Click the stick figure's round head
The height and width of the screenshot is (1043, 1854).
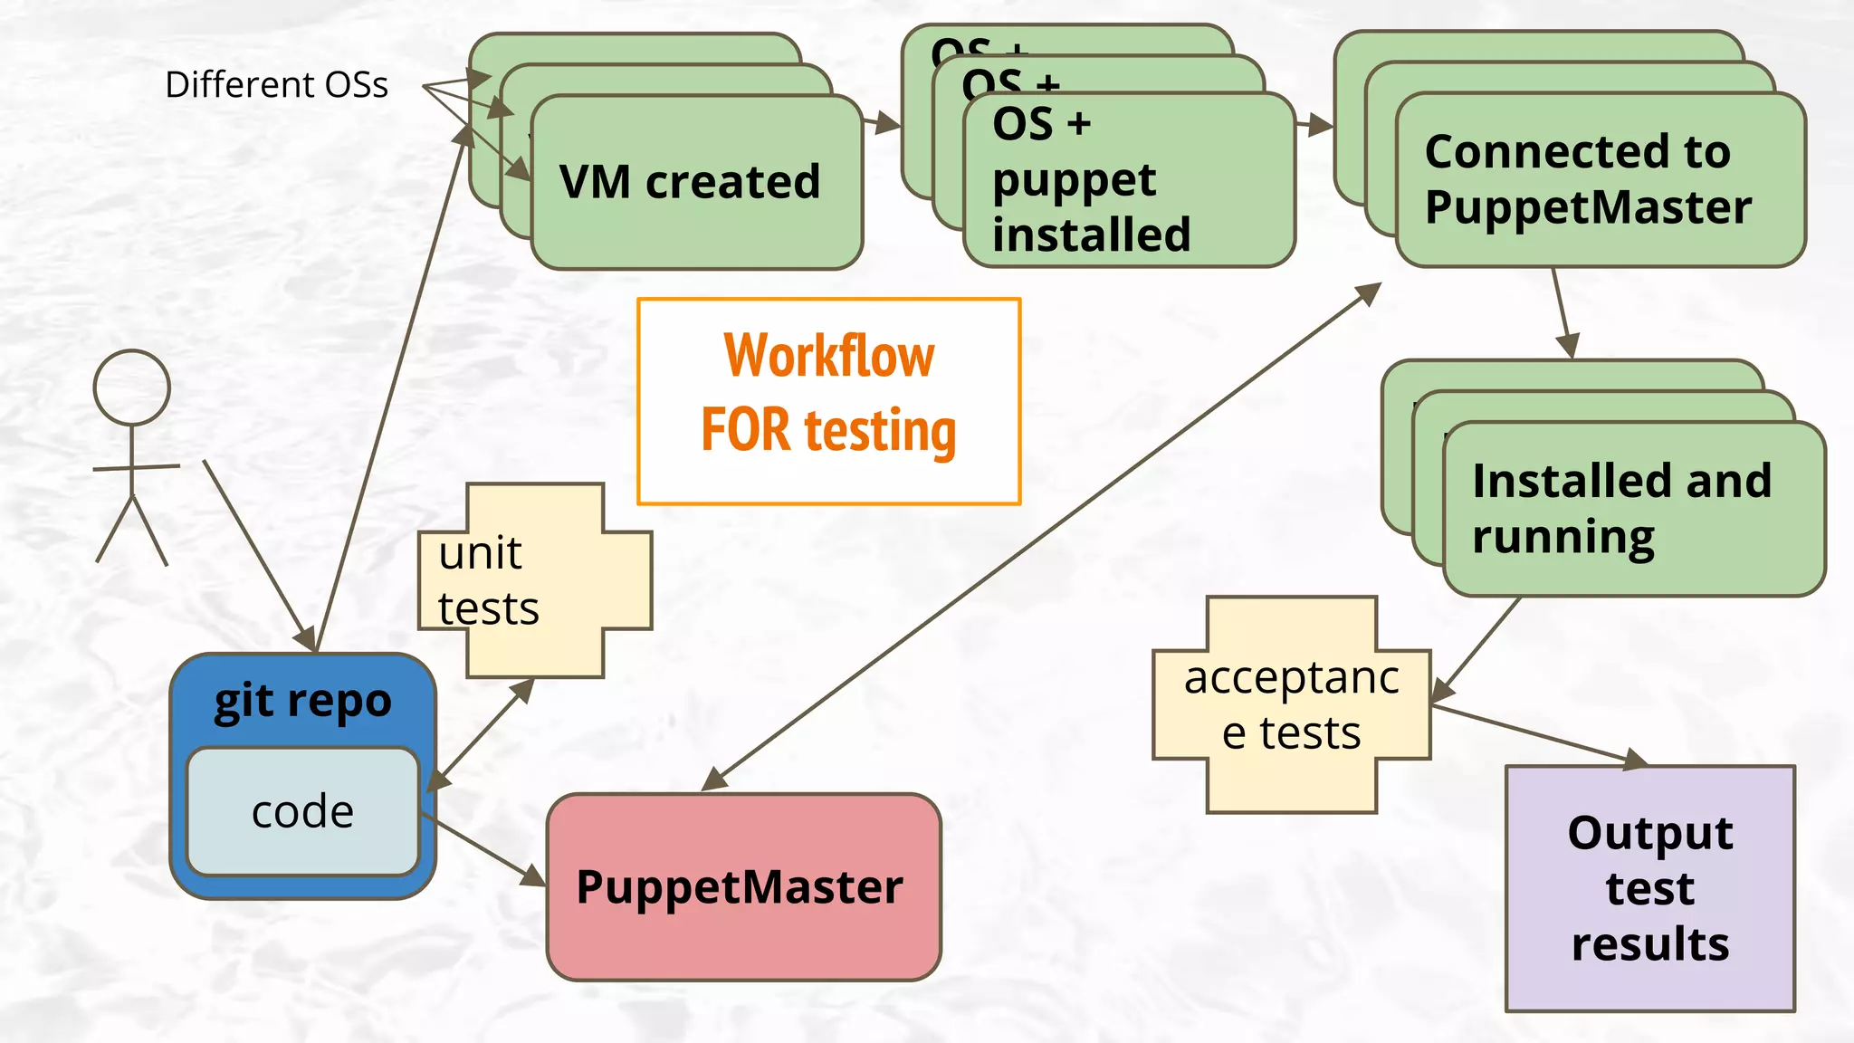click(x=132, y=388)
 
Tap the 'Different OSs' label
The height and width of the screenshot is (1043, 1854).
click(x=276, y=85)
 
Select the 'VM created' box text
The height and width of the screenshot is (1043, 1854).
click(x=690, y=182)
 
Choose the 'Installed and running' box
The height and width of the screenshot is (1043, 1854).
click(x=1621, y=509)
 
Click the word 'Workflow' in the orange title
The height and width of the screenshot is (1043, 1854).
click(x=828, y=356)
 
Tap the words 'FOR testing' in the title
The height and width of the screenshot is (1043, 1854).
click(x=828, y=430)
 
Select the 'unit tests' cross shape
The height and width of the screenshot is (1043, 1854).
click(x=534, y=580)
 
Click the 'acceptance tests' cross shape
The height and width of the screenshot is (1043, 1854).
click(x=1292, y=704)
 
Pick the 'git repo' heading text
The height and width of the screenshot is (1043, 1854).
click(x=302, y=701)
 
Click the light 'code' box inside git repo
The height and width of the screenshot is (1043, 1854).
click(x=302, y=812)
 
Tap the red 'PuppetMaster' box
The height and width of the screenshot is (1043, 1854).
click(x=742, y=886)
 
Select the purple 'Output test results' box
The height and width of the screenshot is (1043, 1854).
click(x=1649, y=888)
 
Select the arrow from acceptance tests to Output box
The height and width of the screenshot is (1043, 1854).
click(x=1539, y=734)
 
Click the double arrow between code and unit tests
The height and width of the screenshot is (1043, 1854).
click(x=480, y=735)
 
